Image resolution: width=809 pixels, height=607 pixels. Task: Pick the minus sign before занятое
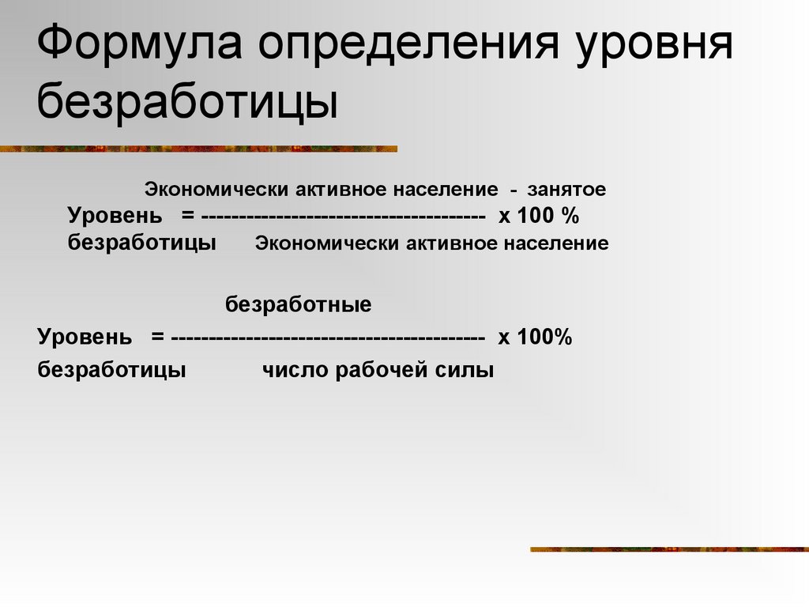pyautogui.click(x=514, y=190)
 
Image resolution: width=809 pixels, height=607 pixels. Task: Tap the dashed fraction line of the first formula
pyautogui.click(x=344, y=217)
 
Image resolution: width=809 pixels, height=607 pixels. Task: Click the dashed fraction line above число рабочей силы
pyautogui.click(x=327, y=338)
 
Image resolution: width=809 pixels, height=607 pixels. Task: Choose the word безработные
pyautogui.click(x=299, y=304)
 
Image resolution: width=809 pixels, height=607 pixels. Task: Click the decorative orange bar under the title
pyautogui.click(x=198, y=148)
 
